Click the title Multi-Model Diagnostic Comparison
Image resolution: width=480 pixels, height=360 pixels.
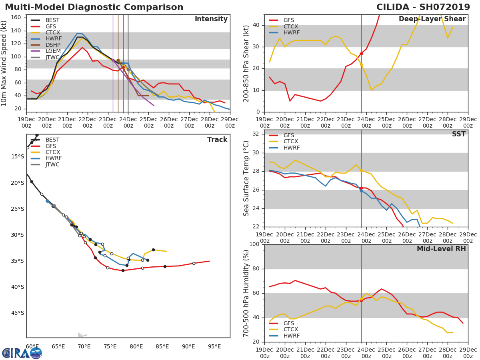click(x=94, y=7)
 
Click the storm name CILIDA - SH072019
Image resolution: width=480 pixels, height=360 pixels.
click(x=423, y=7)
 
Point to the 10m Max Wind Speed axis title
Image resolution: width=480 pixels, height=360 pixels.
click(x=4, y=63)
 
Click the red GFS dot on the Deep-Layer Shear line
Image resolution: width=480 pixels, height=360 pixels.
click(x=361, y=54)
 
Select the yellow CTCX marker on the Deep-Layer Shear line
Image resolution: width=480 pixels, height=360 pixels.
click(x=361, y=65)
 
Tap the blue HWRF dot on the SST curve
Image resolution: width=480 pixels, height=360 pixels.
click(x=361, y=191)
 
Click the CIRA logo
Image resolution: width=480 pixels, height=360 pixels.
click(x=22, y=353)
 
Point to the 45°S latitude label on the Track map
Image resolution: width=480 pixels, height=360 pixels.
click(x=18, y=313)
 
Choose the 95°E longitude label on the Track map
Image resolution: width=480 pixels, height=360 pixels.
click(x=214, y=346)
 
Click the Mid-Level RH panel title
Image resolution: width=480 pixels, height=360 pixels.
click(x=441, y=249)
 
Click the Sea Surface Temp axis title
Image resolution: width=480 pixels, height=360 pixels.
click(x=246, y=178)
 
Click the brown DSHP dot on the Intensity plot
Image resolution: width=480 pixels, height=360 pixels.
click(x=118, y=60)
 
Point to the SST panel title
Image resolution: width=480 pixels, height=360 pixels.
click(x=459, y=134)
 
